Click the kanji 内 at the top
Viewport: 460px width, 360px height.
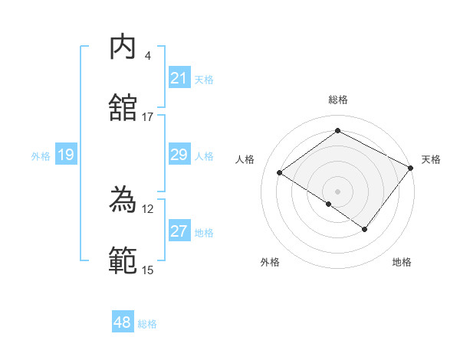[x=123, y=47]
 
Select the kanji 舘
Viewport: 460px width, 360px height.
[x=123, y=108]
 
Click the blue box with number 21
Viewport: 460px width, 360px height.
[x=179, y=78]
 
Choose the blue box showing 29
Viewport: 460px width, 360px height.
[x=179, y=155]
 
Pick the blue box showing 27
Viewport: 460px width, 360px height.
[x=179, y=231]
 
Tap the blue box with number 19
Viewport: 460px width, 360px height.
[x=66, y=155]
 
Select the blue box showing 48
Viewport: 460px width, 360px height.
[x=123, y=322]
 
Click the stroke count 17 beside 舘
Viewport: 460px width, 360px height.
[x=147, y=117]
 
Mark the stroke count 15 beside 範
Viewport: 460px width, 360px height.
[x=147, y=270]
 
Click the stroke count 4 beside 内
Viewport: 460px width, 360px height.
[x=147, y=56]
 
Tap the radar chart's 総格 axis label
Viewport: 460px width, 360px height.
[x=337, y=100]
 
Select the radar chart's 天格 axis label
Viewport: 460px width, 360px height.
[x=431, y=159]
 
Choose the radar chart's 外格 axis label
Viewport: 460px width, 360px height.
[x=270, y=263]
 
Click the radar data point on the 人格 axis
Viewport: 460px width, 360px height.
[x=280, y=173]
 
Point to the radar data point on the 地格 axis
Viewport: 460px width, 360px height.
[x=365, y=229]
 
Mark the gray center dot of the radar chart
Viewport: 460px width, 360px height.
[x=337, y=191]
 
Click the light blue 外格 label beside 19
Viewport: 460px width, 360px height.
[x=41, y=155]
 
